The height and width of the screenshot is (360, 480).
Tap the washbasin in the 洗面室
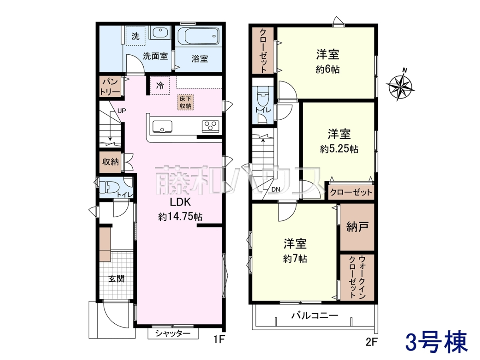[160, 32]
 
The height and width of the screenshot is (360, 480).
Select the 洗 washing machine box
[136, 36]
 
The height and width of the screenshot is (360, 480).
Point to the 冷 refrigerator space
[160, 86]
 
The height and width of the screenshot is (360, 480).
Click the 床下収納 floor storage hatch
[186, 102]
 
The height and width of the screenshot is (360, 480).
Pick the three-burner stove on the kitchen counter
[210, 126]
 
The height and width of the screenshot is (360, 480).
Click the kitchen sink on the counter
[162, 126]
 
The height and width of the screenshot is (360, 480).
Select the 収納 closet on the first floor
[110, 162]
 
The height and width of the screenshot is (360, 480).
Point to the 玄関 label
[116, 279]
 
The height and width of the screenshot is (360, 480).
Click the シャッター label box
[173, 334]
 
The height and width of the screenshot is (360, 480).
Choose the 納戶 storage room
[357, 227]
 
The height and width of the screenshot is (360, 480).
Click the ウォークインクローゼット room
[357, 277]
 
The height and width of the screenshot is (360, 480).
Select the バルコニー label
[314, 316]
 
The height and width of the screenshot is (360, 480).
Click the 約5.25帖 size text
[339, 149]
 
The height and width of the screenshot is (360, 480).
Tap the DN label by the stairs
[276, 190]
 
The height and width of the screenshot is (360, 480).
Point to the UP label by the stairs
[122, 111]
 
